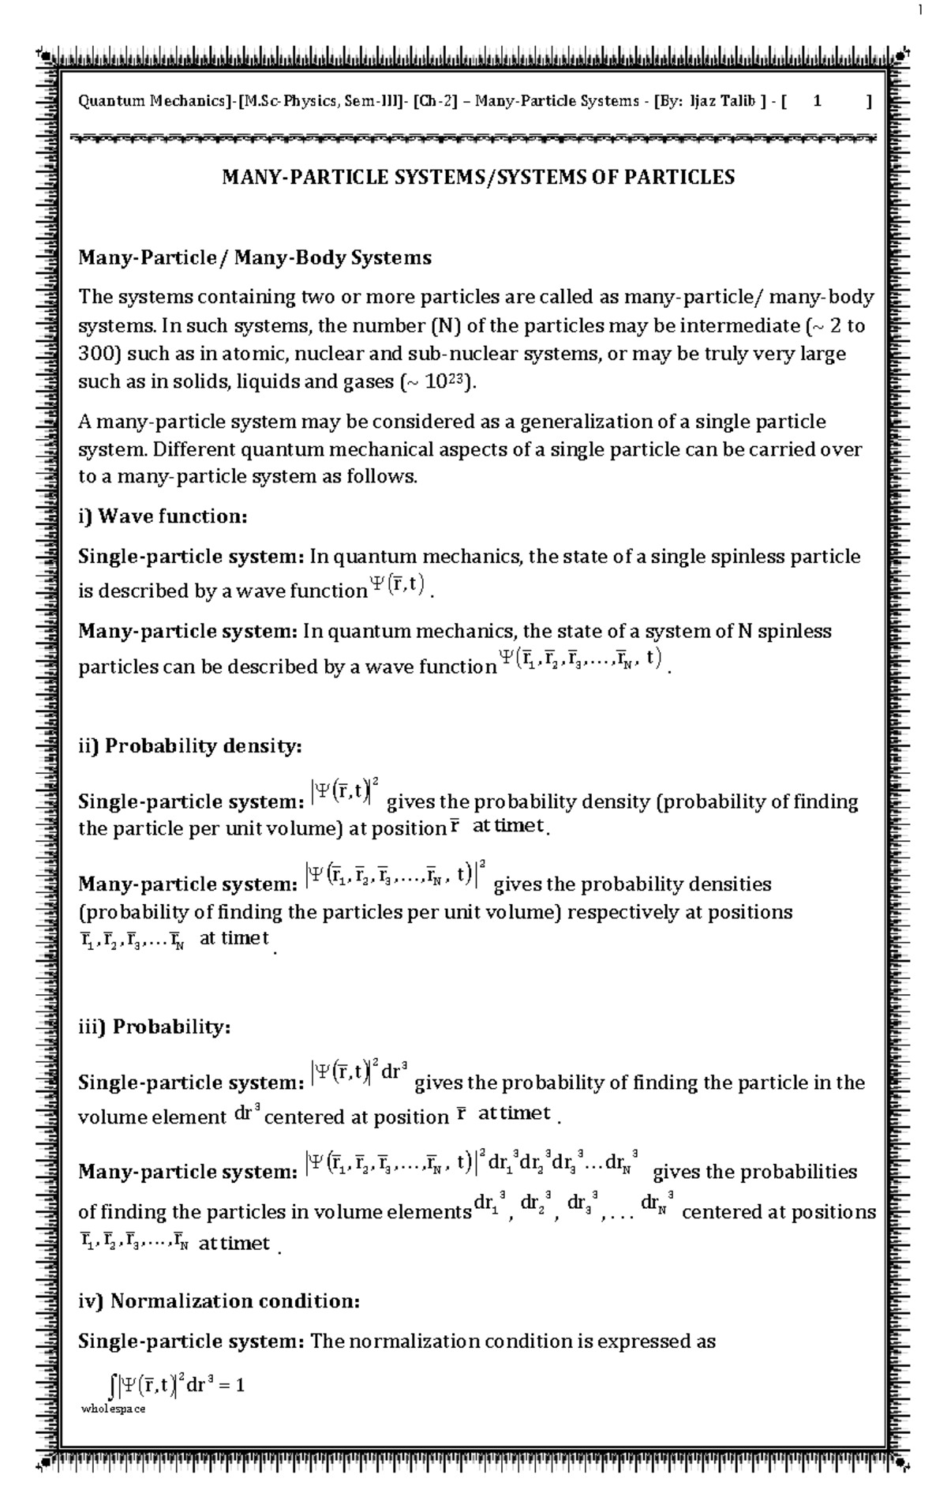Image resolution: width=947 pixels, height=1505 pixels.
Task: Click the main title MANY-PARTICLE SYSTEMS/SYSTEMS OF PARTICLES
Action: click(x=478, y=177)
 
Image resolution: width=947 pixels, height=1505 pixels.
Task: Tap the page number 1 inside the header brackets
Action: click(x=818, y=101)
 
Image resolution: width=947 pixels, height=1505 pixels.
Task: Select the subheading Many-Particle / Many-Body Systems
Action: click(x=254, y=258)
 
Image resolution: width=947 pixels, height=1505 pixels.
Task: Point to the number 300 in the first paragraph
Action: click(x=95, y=354)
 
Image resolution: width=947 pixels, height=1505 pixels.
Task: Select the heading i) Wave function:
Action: click(x=163, y=517)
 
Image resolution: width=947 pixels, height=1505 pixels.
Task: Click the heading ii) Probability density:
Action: click(x=189, y=746)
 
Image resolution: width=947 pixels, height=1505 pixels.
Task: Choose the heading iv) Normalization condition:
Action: click(x=219, y=1301)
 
